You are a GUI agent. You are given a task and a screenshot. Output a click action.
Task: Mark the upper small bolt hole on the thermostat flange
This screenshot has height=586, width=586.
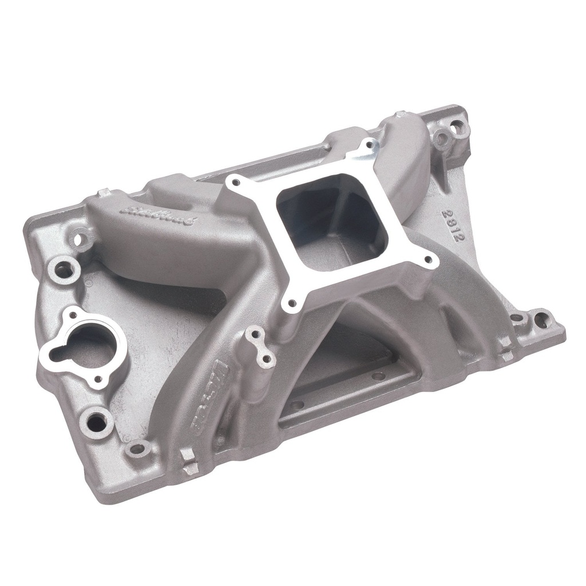click(73, 316)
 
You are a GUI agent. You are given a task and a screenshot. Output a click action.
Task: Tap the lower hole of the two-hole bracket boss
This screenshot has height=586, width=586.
click(265, 360)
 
